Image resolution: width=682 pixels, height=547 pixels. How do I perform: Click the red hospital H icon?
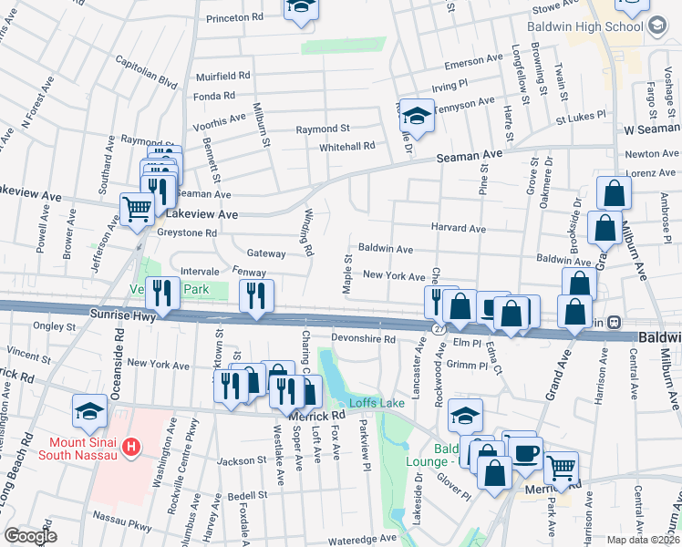coord(132,447)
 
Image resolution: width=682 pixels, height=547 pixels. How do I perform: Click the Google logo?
coord(30,536)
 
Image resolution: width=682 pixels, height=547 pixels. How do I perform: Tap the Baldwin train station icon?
coord(615,322)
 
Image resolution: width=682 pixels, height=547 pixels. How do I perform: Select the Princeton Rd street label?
coord(234,17)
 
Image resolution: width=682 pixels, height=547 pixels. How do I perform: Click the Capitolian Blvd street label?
coord(146,71)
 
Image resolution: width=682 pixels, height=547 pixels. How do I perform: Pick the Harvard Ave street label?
coord(458,228)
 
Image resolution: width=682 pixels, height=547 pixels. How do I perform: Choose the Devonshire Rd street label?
coord(363,339)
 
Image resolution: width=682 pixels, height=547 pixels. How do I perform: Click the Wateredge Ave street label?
coord(363,538)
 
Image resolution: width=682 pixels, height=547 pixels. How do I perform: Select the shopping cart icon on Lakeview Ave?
coord(137,209)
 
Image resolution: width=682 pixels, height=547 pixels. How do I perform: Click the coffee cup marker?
coord(525,453)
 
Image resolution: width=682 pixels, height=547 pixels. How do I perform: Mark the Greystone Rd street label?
coord(185,232)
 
